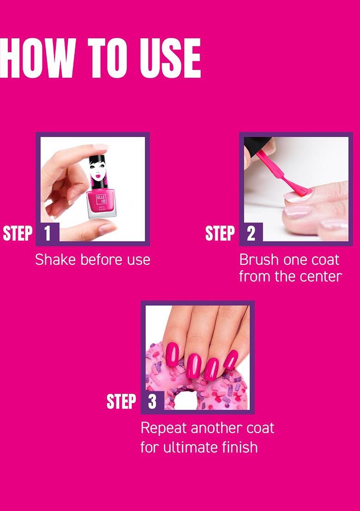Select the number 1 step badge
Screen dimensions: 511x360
click(48, 233)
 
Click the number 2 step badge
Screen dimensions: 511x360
click(251, 233)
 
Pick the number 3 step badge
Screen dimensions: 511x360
click(152, 401)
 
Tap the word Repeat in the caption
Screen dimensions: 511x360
click(164, 428)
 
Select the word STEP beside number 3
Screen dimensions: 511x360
click(122, 401)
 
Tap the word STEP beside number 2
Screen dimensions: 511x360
click(220, 233)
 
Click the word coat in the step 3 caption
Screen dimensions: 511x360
click(260, 428)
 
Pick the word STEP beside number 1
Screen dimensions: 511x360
click(18, 233)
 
